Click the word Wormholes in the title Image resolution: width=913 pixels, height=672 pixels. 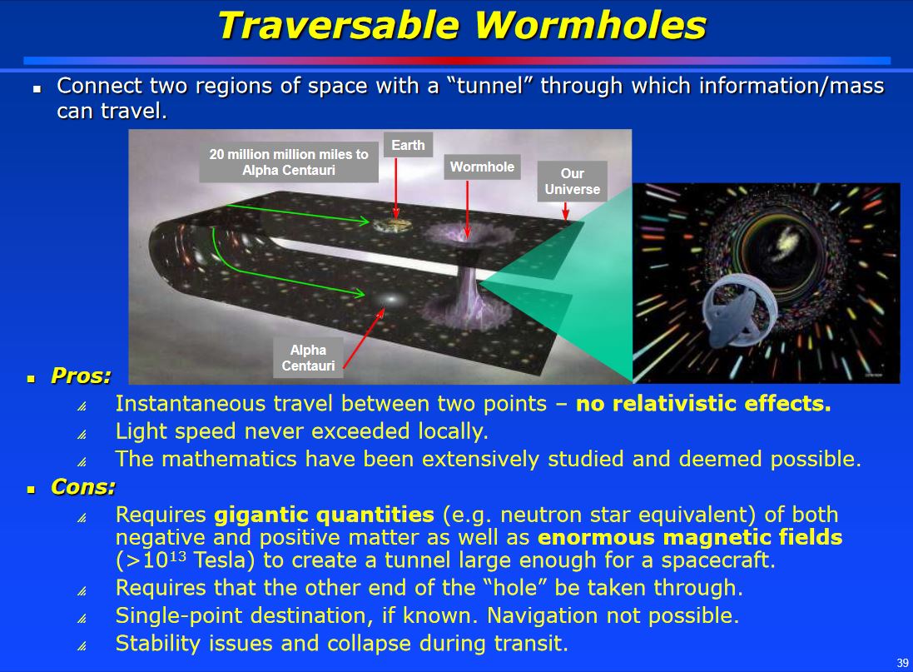click(590, 26)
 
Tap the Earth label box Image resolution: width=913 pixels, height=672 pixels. click(408, 145)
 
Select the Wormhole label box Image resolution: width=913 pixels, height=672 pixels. click(482, 167)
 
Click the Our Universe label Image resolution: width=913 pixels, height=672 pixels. click(572, 182)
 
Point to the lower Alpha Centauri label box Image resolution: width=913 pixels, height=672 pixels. click(308, 358)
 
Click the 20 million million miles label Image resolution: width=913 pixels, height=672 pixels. click(289, 162)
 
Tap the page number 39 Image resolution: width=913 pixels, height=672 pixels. click(902, 663)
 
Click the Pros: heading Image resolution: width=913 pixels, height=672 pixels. click(81, 376)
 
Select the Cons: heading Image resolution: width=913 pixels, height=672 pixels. click(83, 486)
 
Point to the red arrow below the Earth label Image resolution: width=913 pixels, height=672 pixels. click(396, 187)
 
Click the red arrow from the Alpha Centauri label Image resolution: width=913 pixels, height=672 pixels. click(364, 338)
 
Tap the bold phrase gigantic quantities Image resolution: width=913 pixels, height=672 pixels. click(325, 515)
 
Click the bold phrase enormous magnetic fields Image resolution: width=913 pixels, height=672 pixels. click(690, 537)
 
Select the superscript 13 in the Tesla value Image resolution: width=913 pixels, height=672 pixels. click(177, 555)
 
